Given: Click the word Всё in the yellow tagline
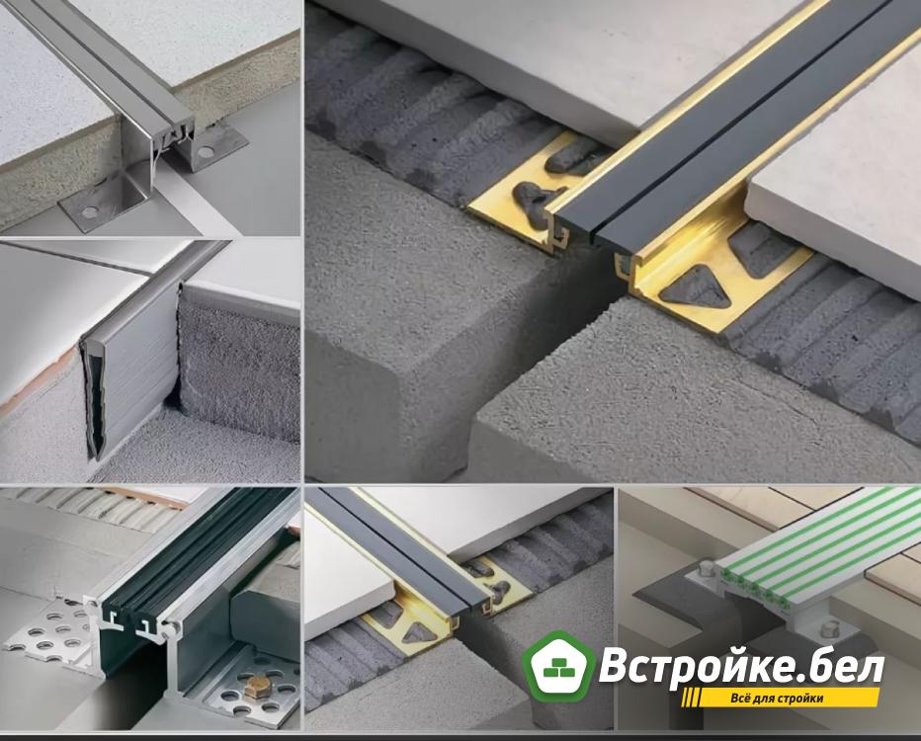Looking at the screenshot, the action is click(x=741, y=699).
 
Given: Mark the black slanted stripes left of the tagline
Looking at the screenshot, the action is click(x=692, y=699).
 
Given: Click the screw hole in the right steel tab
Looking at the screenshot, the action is click(x=205, y=153).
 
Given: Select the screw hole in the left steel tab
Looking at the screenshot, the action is click(x=90, y=210).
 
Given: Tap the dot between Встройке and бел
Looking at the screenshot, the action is click(x=805, y=681).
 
